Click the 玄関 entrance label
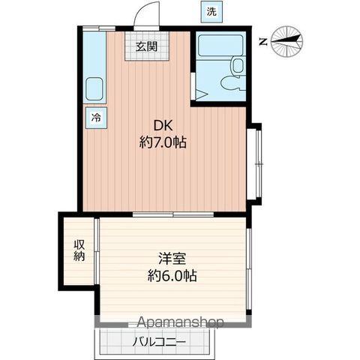(x=146, y=46)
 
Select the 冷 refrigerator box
(x=96, y=116)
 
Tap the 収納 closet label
(x=79, y=250)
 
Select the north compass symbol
(x=287, y=42)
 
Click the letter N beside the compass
(x=261, y=42)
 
